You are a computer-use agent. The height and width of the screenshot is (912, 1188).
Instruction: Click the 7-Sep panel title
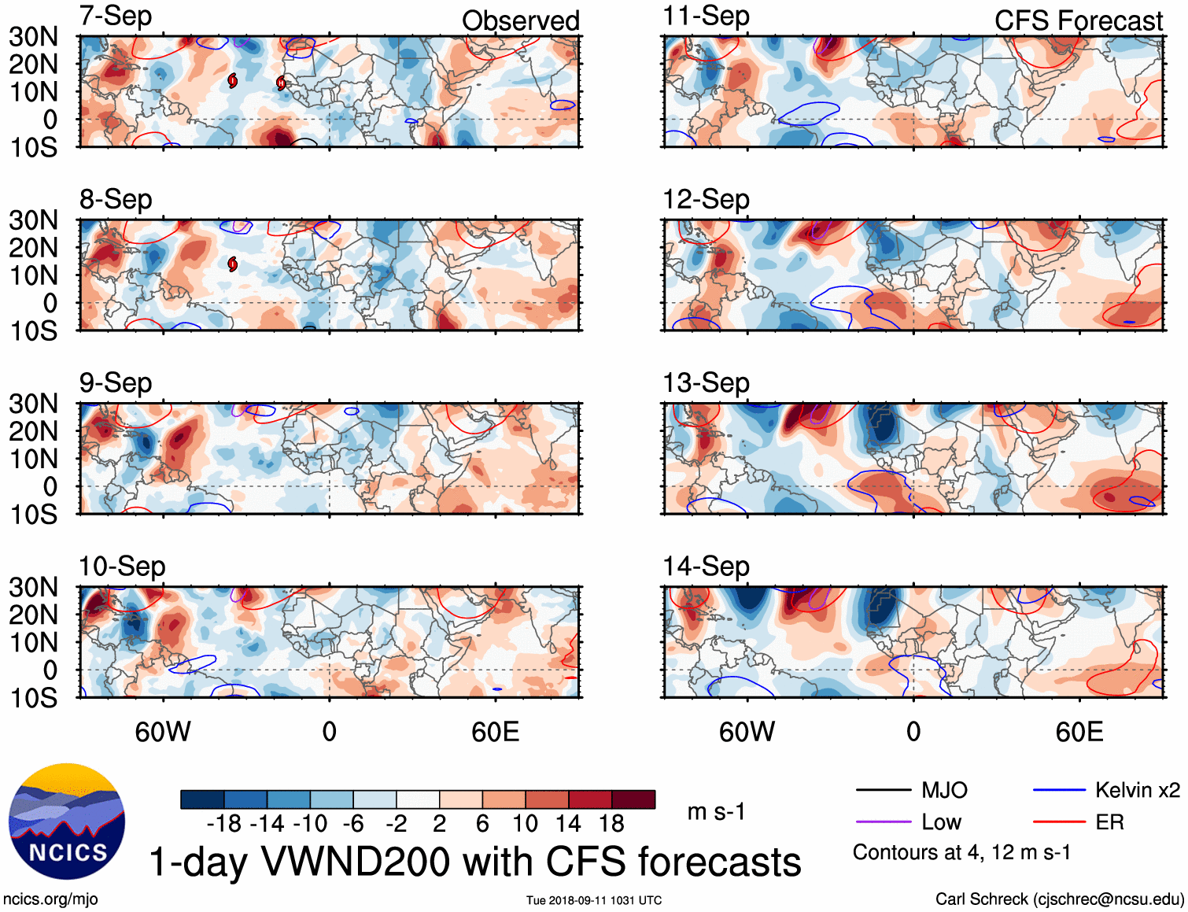[x=116, y=17]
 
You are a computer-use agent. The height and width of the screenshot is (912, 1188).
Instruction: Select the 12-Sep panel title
[x=706, y=200]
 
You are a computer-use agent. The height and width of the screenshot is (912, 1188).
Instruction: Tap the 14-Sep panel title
[x=706, y=567]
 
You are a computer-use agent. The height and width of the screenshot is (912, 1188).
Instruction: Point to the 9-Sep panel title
[x=116, y=383]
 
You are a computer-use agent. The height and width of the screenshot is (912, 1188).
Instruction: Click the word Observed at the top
[x=520, y=21]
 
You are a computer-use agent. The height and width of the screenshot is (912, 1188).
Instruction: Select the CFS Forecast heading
[x=1078, y=21]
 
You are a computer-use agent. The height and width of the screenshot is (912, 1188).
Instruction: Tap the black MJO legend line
[x=883, y=790]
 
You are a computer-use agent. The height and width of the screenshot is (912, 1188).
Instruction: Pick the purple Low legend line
[x=883, y=822]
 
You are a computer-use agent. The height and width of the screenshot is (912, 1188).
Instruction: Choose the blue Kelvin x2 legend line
[x=1059, y=790]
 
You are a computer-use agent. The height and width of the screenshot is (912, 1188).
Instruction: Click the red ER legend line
[x=1059, y=822]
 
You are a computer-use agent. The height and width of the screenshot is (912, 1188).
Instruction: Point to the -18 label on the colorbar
[x=223, y=824]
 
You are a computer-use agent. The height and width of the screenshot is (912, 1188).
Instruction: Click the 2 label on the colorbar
[x=439, y=824]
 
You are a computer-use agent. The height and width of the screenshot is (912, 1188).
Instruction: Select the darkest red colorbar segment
[x=633, y=799]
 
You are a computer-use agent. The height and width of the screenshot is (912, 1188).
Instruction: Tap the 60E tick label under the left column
[x=495, y=732]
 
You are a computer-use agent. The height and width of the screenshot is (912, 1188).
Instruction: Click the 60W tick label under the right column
[x=747, y=732]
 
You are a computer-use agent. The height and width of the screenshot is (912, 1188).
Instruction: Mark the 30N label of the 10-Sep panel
[x=33, y=587]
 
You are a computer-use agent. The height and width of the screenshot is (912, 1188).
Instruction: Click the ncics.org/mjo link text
[x=50, y=899]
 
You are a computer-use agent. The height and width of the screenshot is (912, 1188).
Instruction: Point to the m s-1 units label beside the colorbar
[x=716, y=811]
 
